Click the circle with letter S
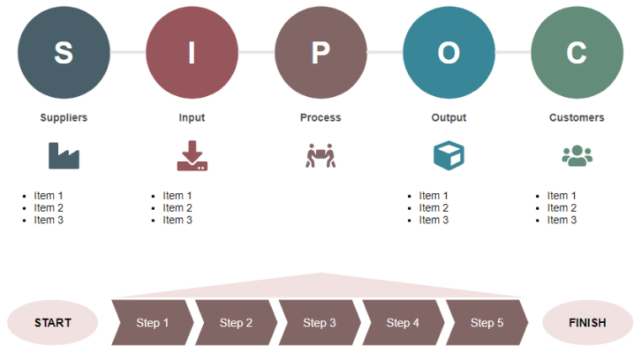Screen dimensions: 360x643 (63, 52)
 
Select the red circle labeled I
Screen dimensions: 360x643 (191, 52)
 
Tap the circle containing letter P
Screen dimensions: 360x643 (320, 52)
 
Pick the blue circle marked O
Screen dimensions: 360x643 (448, 52)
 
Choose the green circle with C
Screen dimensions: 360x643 (576, 52)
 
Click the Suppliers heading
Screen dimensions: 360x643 (63, 118)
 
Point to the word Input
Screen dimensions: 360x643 (191, 118)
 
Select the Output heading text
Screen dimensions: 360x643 (448, 118)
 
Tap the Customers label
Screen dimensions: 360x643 (576, 118)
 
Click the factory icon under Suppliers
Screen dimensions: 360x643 (63, 156)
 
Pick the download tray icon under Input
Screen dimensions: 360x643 (191, 156)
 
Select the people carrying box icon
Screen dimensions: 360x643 (320, 156)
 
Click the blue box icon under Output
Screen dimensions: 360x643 (448, 156)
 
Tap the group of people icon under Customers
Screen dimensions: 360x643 (576, 156)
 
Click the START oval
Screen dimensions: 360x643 (53, 323)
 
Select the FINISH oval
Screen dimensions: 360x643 (587, 323)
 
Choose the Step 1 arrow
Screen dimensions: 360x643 (153, 323)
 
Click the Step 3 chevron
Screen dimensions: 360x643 (319, 323)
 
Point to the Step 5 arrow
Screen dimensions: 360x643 (486, 323)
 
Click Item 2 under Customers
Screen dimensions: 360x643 (561, 208)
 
